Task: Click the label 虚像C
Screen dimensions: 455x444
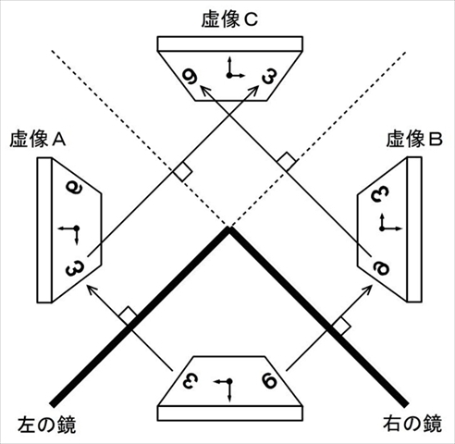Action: tap(229, 20)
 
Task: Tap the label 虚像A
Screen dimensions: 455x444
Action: tap(38, 140)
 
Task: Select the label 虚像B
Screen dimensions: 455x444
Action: tap(414, 140)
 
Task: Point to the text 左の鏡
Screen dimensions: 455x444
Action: tap(46, 425)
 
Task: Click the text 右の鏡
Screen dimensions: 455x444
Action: tap(412, 423)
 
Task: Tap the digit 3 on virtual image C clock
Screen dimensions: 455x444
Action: tap(269, 76)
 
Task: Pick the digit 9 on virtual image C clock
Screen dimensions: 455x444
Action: tap(190, 76)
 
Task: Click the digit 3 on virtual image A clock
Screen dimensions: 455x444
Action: tap(75, 268)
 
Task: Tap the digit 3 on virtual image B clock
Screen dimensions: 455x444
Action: tap(380, 194)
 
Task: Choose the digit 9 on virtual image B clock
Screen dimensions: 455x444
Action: tap(381, 267)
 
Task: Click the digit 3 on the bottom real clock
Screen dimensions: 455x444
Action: tap(190, 380)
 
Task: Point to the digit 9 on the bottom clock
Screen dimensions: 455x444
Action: tap(269, 381)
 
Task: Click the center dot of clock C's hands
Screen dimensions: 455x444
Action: tap(228, 75)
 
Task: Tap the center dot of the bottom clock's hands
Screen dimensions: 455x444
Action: tap(229, 382)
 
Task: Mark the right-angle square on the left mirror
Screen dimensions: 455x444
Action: tap(128, 315)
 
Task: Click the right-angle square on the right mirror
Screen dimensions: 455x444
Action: tap(341, 327)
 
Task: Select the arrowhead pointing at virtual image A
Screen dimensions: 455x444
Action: tap(92, 290)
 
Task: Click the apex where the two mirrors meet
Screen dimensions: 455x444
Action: tap(228, 228)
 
